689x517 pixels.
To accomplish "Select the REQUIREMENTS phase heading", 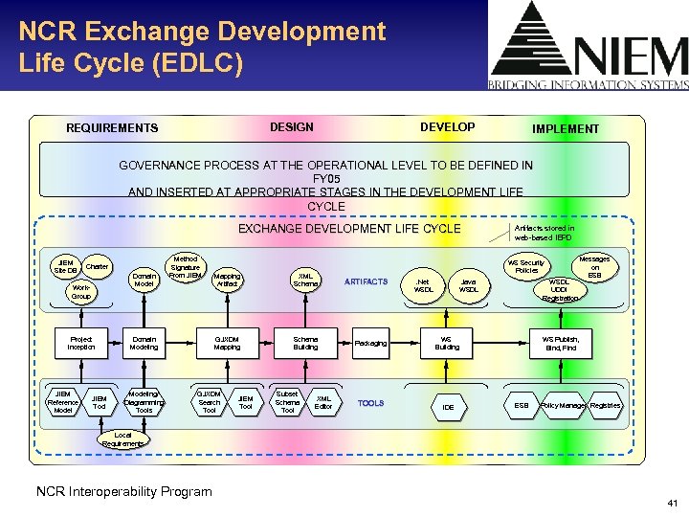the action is (112, 128).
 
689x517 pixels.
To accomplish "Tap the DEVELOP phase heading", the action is (447, 127).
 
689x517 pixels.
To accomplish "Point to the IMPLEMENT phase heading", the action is (566, 128).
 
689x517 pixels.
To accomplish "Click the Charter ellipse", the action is (97, 266).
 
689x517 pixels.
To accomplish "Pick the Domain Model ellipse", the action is (144, 280).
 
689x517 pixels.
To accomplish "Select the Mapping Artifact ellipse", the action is (227, 280).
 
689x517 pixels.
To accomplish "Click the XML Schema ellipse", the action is (305, 280).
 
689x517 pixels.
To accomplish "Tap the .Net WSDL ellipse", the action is (424, 284).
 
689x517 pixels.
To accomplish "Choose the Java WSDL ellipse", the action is (469, 284).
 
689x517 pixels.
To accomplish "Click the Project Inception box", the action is (81, 343).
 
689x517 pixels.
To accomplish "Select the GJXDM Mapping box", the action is (227, 343).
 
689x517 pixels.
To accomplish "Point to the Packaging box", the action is (370, 343).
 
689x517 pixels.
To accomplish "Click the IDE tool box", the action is (447, 407).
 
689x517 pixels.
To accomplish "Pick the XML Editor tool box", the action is (324, 402).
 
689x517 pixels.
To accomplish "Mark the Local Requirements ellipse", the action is (123, 439).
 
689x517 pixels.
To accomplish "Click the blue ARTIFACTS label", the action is (366, 281).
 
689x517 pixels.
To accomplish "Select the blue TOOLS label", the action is (370, 403).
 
